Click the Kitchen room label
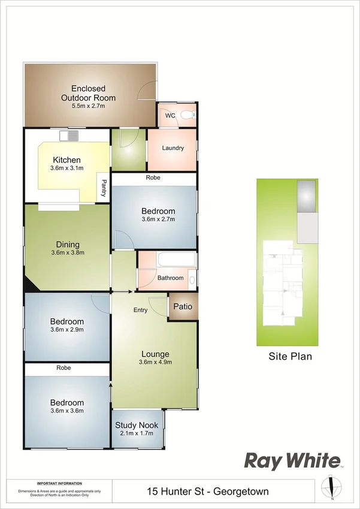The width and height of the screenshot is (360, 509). click(x=66, y=160)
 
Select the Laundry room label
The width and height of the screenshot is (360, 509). click(x=173, y=148)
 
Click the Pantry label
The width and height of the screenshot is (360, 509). click(x=104, y=189)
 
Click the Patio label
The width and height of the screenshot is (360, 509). click(x=183, y=307)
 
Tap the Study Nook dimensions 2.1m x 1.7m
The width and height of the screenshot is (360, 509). click(x=137, y=433)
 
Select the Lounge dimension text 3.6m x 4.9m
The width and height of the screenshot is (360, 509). click(x=155, y=362)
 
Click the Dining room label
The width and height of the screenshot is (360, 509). click(x=68, y=245)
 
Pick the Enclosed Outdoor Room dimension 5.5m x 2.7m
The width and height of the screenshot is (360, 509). click(x=88, y=106)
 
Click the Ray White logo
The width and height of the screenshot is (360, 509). click(x=291, y=460)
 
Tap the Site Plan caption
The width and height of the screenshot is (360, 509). click(x=290, y=356)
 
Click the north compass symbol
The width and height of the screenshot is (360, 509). click(x=331, y=486)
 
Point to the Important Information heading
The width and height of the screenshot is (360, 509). click(x=59, y=483)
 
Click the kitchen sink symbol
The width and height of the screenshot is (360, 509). click(x=69, y=135)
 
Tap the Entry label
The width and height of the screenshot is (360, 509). click(x=140, y=310)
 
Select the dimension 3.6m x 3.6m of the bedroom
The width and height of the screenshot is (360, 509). click(x=66, y=411)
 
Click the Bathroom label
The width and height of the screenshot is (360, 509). click(x=170, y=278)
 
